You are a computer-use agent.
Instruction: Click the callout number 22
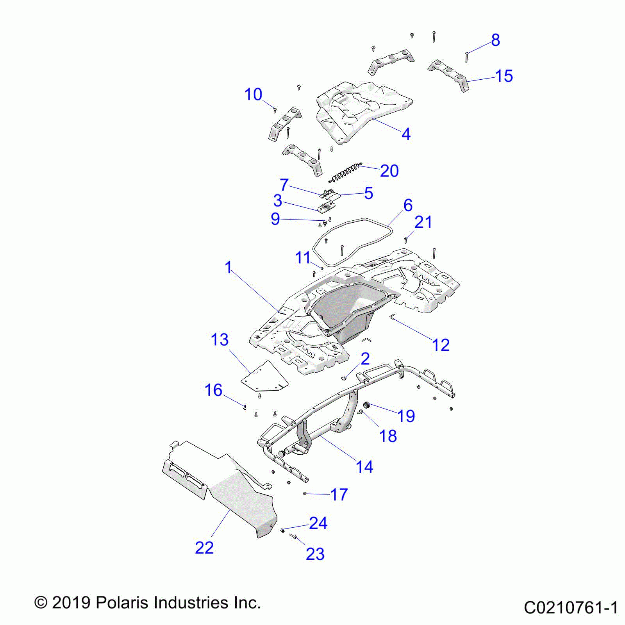(204, 548)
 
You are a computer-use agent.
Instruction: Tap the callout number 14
(364, 467)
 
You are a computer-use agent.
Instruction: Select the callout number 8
(495, 40)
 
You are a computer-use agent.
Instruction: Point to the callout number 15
(504, 76)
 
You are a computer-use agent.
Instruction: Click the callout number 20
(389, 171)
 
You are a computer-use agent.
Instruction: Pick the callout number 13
(220, 340)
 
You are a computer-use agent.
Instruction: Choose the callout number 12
(441, 345)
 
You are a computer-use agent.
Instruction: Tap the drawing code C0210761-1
(571, 608)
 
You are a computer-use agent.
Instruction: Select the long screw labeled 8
(466, 57)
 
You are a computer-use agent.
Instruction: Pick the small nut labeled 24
(282, 530)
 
